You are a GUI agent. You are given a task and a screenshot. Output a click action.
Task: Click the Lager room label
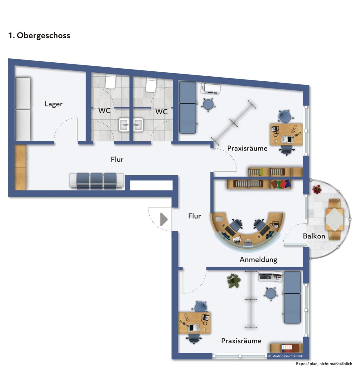[x=53, y=104]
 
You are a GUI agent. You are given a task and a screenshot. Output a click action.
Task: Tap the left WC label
[x=105, y=111]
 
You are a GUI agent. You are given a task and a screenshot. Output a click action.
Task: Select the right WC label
[x=161, y=112]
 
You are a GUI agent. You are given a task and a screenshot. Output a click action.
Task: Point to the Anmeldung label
[x=258, y=260]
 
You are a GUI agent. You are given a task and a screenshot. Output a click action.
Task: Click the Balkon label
[x=314, y=236]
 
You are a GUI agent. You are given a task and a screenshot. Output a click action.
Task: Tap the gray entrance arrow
[x=164, y=219]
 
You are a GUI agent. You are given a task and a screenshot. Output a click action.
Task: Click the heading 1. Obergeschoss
[x=39, y=36]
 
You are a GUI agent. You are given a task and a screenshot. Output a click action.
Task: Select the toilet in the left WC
[x=110, y=81]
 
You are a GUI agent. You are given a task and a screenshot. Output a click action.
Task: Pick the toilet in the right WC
[x=151, y=84]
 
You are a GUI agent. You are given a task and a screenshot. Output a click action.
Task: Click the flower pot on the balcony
[x=317, y=189]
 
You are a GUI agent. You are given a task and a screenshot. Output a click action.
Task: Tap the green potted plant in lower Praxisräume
[x=234, y=281]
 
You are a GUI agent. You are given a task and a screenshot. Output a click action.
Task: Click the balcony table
[x=334, y=219]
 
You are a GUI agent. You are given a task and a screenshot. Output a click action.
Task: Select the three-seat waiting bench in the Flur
[x=97, y=181]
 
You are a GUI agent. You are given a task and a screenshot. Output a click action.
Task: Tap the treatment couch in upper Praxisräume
[x=187, y=107]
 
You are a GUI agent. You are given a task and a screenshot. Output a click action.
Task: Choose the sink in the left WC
[x=124, y=125]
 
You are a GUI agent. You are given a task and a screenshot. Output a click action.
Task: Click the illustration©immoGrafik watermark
[x=285, y=356]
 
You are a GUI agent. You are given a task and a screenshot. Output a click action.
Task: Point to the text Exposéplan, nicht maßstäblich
[x=324, y=364]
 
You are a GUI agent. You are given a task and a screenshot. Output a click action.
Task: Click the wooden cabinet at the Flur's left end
[x=20, y=167]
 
